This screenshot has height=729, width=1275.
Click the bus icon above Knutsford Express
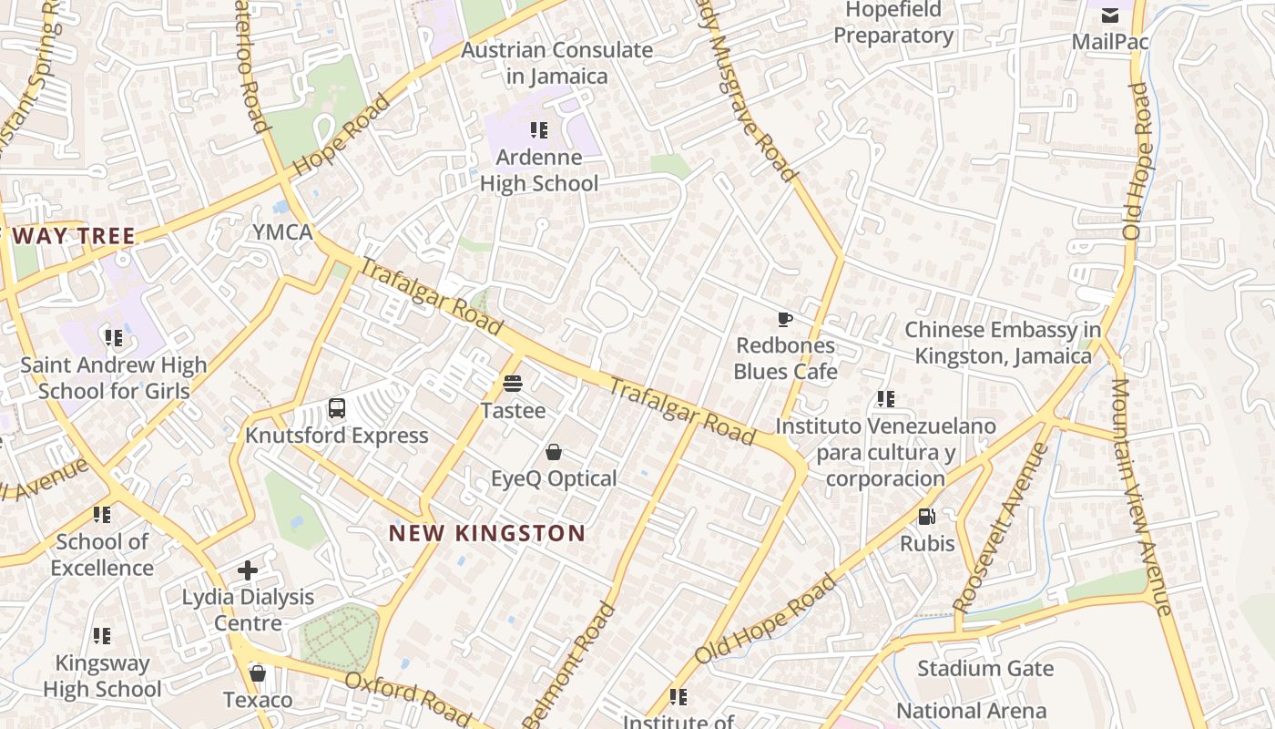pos(337,407)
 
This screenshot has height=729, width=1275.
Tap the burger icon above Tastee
pos(513,384)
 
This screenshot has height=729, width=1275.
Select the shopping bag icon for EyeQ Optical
pos(553,451)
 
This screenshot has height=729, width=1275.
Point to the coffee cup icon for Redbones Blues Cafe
pos(784,319)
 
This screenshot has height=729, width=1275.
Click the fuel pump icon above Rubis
pos(927,517)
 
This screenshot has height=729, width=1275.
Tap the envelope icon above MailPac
pos(1110,15)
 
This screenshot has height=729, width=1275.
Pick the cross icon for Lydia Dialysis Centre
pos(248,570)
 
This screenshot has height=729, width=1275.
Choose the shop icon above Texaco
pos(258,673)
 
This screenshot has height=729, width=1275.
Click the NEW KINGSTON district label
pos(487,533)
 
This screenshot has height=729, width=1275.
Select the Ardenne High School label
pos(539,170)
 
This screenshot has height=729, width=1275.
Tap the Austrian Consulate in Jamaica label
pos(557,63)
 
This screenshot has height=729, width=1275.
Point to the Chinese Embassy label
pos(1003,343)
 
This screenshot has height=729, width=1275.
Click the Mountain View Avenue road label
pos(1139,497)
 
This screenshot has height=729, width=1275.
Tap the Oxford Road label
pos(407,694)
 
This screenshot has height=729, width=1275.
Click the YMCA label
pos(282,232)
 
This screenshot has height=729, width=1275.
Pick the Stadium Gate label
pos(984,669)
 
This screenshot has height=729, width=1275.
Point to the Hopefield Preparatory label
pos(893,23)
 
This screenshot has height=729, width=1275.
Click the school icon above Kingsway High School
pos(102,635)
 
